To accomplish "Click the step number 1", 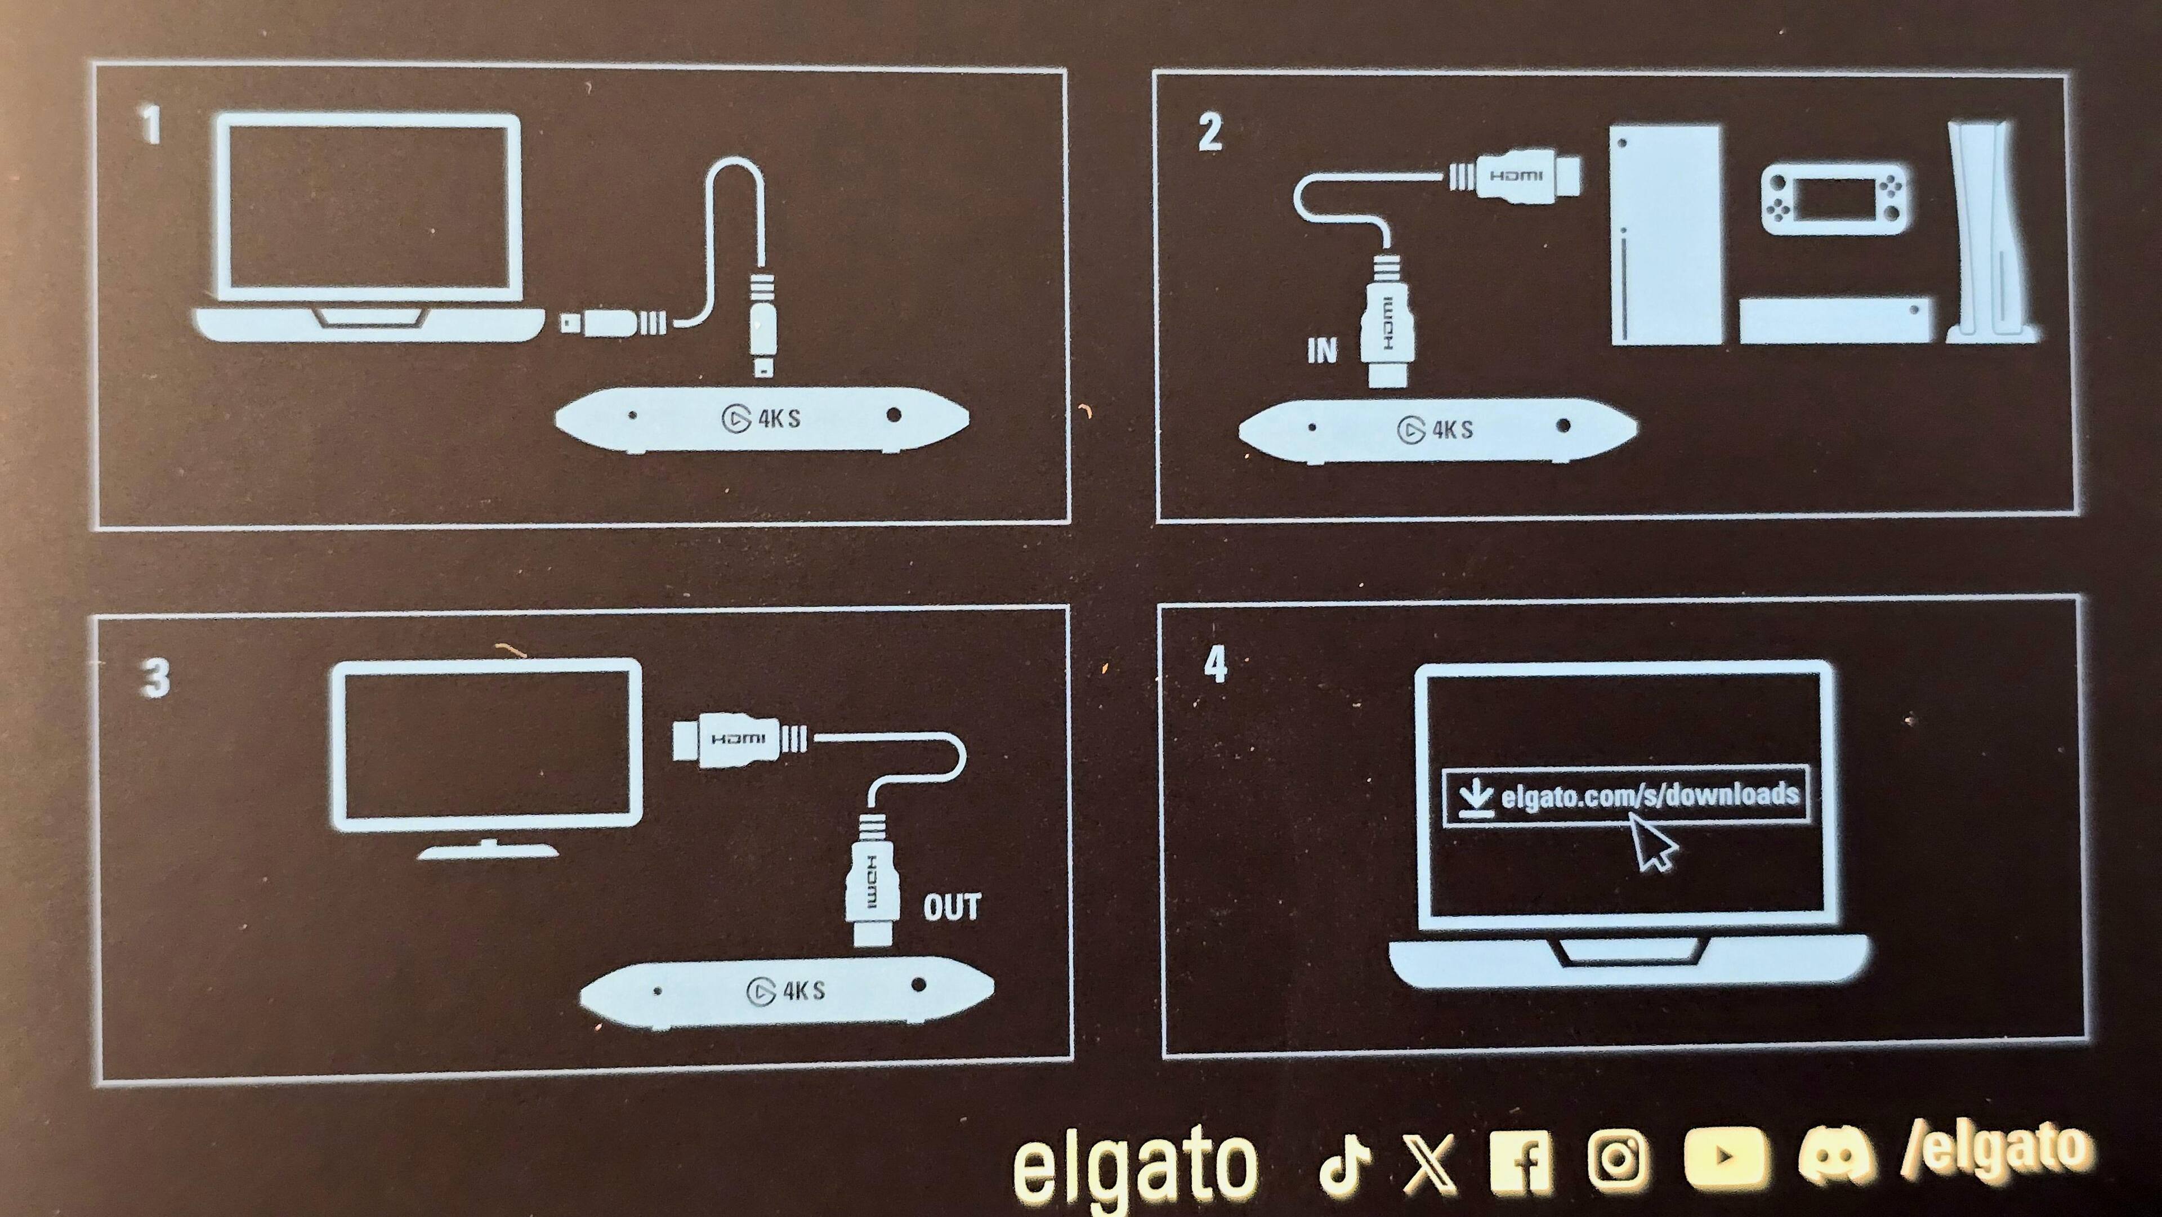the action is click(x=150, y=125).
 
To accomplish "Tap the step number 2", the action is click(x=1210, y=133).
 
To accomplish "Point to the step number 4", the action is click(x=1216, y=665).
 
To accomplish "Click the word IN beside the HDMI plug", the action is click(x=1322, y=350).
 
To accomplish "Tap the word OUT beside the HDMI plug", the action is click(x=952, y=907).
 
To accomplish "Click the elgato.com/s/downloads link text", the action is click(x=1650, y=795).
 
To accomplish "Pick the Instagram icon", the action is click(x=1616, y=1159).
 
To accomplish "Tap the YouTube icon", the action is click(x=1725, y=1157).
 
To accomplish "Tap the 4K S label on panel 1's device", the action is click(x=779, y=418).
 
